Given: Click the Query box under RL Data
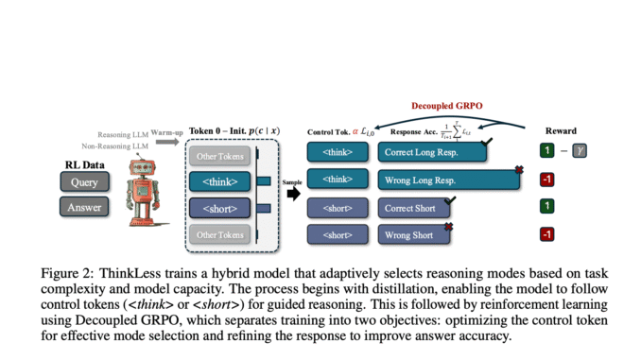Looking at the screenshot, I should pos(84,182).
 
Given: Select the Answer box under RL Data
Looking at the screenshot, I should pos(84,207).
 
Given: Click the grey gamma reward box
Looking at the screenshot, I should pos(580,150).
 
